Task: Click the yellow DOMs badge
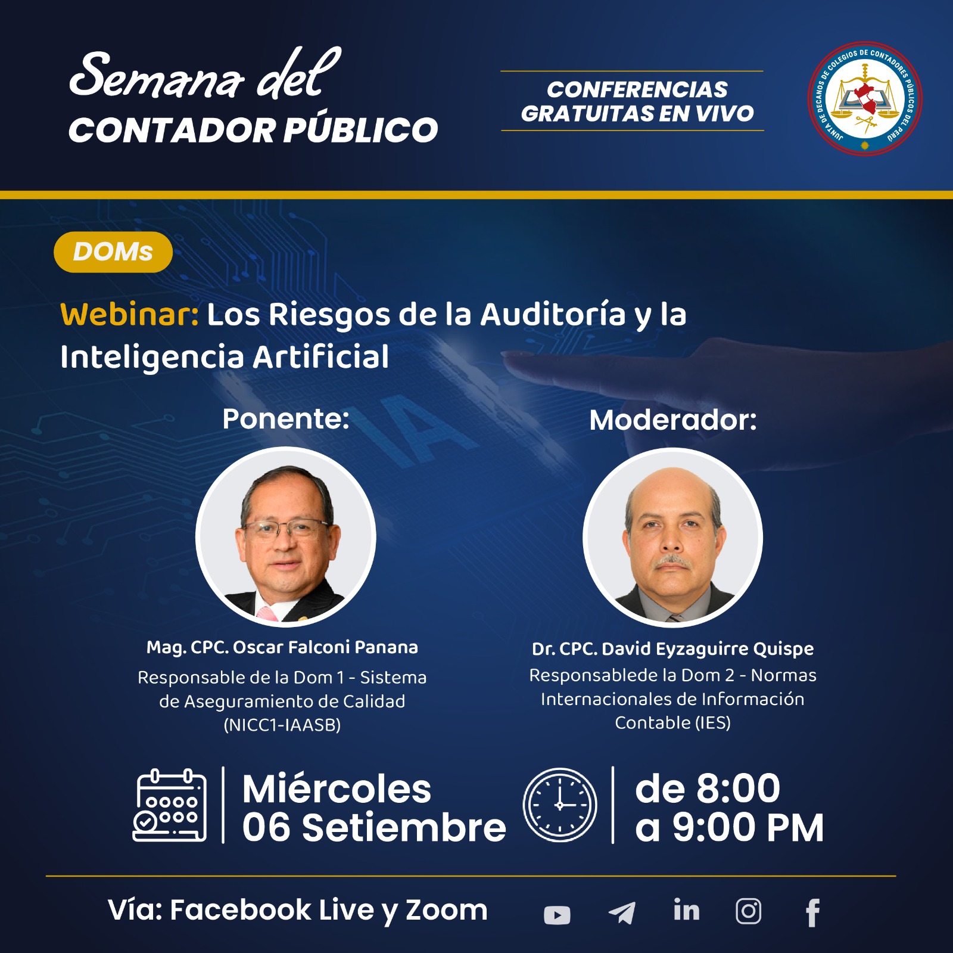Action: click(113, 252)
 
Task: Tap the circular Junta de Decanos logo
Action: click(864, 99)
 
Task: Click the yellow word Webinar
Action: click(129, 314)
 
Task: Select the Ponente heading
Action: click(286, 418)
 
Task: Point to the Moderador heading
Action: click(673, 420)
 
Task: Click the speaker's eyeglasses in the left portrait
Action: click(285, 529)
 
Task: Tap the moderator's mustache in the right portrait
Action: click(673, 561)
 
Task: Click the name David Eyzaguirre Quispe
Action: click(708, 649)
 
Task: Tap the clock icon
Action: click(560, 805)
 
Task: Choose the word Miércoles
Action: click(337, 789)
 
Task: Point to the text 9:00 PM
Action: click(748, 828)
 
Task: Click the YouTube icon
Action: click(557, 915)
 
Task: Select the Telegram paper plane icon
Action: click(622, 912)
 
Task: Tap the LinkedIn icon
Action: click(686, 910)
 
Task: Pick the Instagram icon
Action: click(748, 911)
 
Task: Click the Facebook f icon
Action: click(813, 912)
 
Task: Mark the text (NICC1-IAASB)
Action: click(282, 725)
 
